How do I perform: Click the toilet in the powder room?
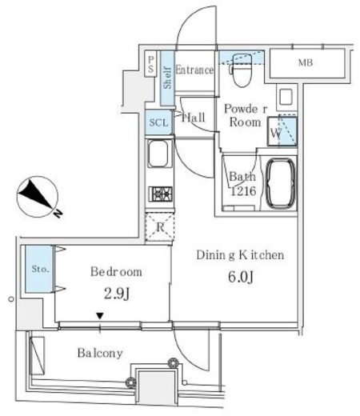(x=242, y=70)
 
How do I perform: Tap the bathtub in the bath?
(x=281, y=184)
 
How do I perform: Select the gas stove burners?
(x=161, y=194)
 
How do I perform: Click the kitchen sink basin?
(x=158, y=154)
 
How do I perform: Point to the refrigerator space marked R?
(x=159, y=227)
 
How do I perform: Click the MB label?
(x=306, y=62)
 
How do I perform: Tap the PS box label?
(x=151, y=64)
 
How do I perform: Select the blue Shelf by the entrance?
(x=167, y=78)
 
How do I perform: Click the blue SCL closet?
(x=158, y=122)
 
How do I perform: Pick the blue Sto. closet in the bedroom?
(x=39, y=269)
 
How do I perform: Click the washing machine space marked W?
(x=282, y=131)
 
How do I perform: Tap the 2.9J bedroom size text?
(x=117, y=294)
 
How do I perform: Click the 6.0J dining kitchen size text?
(x=240, y=278)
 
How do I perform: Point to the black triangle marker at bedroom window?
(x=100, y=316)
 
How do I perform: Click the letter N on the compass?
(x=58, y=214)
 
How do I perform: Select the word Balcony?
(x=100, y=353)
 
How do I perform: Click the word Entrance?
(x=194, y=70)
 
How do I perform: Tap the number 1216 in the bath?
(x=243, y=191)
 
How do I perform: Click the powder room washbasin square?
(x=286, y=97)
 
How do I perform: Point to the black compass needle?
(x=34, y=194)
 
